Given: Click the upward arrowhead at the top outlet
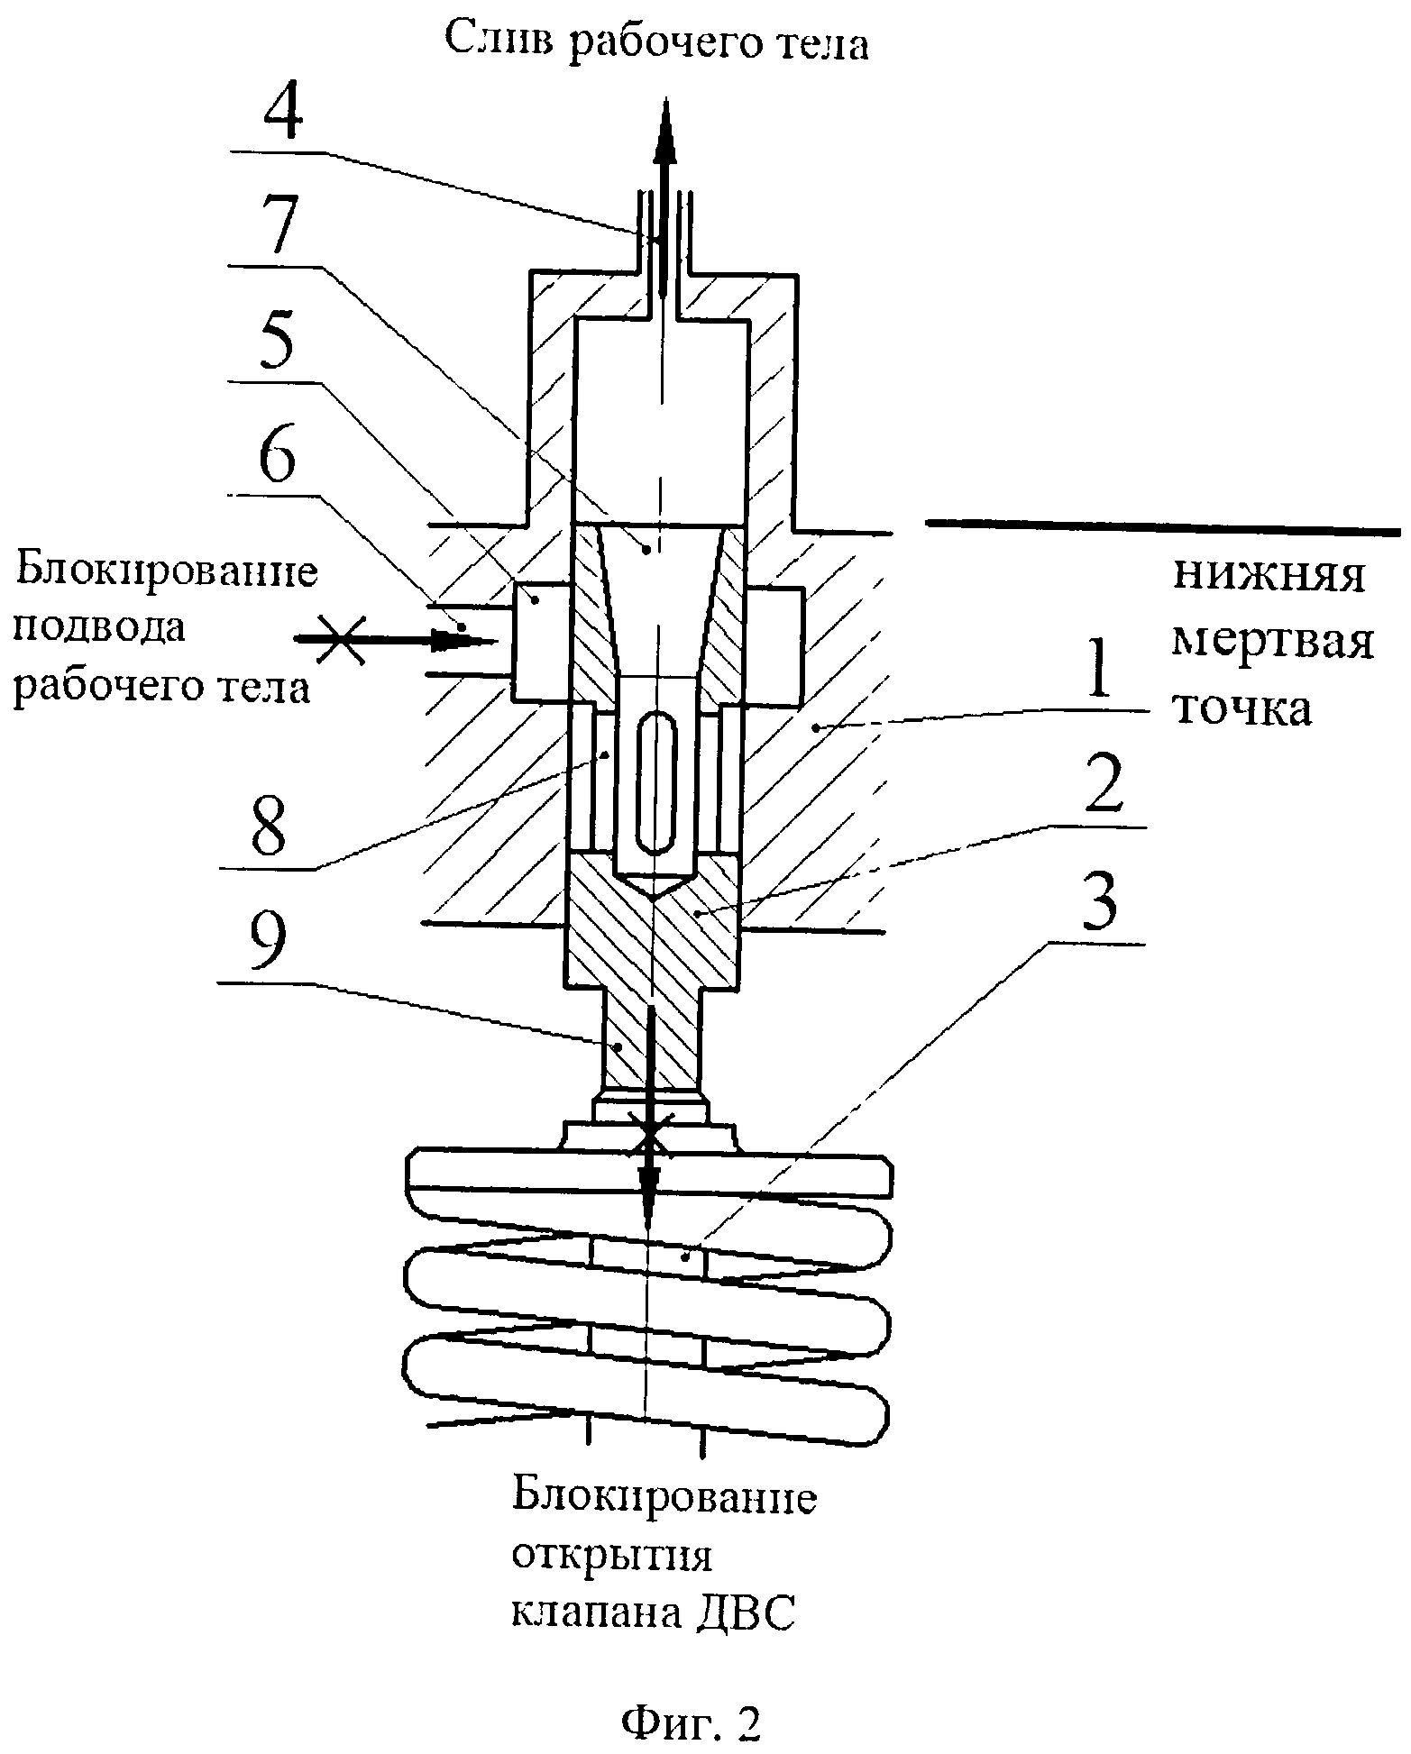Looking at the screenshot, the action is click(x=664, y=130).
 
